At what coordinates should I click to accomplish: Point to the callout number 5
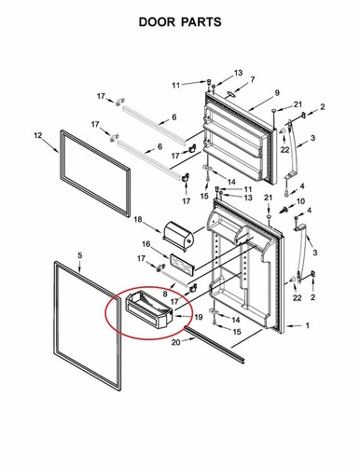(x=79, y=254)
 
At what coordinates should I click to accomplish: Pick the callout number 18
(x=137, y=220)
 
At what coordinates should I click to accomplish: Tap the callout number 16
(x=145, y=244)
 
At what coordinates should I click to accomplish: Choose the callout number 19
(x=197, y=318)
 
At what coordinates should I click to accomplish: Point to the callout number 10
(x=309, y=202)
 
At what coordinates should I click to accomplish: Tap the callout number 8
(x=165, y=293)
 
